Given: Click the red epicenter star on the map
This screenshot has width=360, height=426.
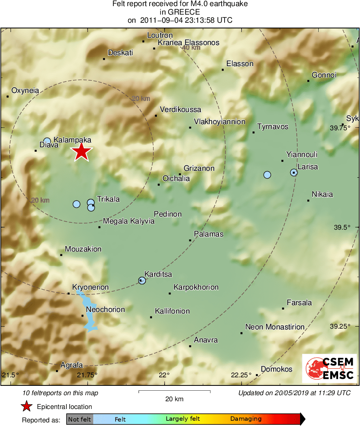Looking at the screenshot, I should pyautogui.click(x=81, y=152).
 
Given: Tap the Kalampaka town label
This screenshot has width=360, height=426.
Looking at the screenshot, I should pyautogui.click(x=72, y=140).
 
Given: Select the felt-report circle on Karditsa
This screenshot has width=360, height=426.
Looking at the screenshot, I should pyautogui.click(x=142, y=280).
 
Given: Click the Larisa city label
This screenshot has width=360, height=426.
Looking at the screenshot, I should pyautogui.click(x=307, y=167).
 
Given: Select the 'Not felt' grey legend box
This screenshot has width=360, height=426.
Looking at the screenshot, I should pyautogui.click(x=79, y=419).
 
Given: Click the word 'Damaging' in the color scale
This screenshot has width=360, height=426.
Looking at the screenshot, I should pyautogui.click(x=246, y=419).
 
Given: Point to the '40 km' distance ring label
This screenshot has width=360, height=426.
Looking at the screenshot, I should pyautogui.click(x=191, y=48).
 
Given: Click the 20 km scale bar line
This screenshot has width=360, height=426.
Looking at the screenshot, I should pyautogui.click(x=174, y=391).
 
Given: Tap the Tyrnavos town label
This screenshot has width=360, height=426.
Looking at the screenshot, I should pyautogui.click(x=272, y=127).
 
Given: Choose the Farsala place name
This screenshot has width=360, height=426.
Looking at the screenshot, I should pyautogui.click(x=299, y=303).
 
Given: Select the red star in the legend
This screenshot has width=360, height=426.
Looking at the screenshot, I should pyautogui.click(x=26, y=407).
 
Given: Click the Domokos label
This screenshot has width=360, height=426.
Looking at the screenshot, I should pyautogui.click(x=276, y=369).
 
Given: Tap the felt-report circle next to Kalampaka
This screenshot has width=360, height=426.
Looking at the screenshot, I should pyautogui.click(x=47, y=141).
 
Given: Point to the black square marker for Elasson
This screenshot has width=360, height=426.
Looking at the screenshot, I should pyautogui.click(x=223, y=70).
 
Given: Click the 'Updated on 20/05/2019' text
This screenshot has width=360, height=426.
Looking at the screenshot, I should pyautogui.click(x=294, y=393).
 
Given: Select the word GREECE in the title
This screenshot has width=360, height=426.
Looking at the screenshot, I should pyautogui.click(x=180, y=12).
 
